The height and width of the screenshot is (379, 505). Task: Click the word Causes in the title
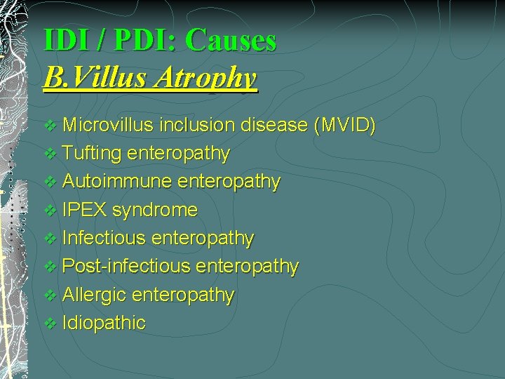231,41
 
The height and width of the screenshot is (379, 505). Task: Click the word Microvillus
108,126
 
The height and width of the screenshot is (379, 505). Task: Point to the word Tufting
92,153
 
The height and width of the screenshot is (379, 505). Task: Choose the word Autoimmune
117,182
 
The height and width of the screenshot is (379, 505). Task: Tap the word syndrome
155,210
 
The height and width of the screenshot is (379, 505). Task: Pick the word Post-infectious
126,267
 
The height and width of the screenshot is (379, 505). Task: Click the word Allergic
95,295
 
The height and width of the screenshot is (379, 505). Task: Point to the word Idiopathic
104,323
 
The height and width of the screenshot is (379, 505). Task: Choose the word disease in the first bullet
274,126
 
